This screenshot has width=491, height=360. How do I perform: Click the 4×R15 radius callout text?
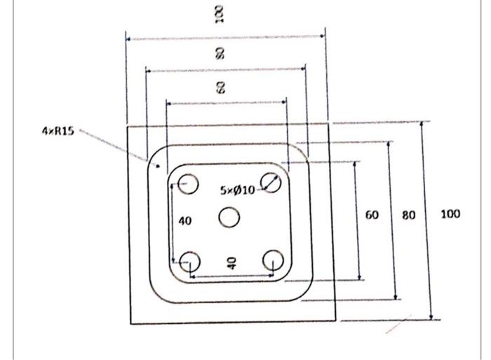click(x=58, y=130)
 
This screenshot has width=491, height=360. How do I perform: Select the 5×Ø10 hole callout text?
click(x=238, y=189)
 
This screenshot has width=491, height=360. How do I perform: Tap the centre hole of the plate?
click(x=229, y=218)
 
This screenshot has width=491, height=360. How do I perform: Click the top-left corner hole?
click(x=188, y=185)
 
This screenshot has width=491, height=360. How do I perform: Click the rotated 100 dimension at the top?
click(x=220, y=13)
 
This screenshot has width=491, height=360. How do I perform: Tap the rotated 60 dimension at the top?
click(x=220, y=88)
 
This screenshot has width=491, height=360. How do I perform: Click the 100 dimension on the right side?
click(x=450, y=214)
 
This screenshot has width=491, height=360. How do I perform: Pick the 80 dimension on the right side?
click(x=409, y=215)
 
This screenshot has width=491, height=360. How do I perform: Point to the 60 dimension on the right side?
click(x=372, y=215)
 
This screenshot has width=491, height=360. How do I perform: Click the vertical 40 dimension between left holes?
click(x=184, y=221)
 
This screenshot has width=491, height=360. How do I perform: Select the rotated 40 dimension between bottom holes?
click(x=231, y=263)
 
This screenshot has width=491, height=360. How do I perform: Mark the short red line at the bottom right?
click(x=396, y=326)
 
